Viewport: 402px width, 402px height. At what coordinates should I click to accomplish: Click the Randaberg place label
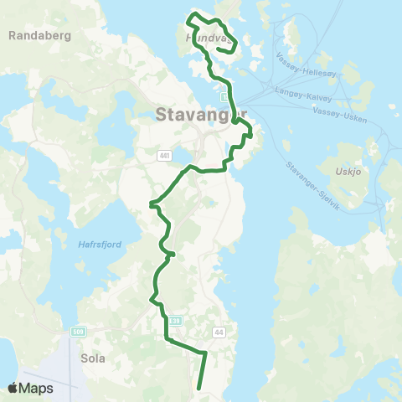[39, 36]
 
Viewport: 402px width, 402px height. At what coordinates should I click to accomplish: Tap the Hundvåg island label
[205, 38]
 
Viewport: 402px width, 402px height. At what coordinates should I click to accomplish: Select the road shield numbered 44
[219, 333]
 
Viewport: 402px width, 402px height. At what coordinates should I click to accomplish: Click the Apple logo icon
[13, 388]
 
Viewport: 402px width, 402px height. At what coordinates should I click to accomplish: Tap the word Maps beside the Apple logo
[37, 388]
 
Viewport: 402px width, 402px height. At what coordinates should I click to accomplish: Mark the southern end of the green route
[198, 388]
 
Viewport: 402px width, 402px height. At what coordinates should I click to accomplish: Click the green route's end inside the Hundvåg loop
[219, 49]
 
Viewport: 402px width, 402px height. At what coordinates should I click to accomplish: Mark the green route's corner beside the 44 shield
[206, 353]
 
